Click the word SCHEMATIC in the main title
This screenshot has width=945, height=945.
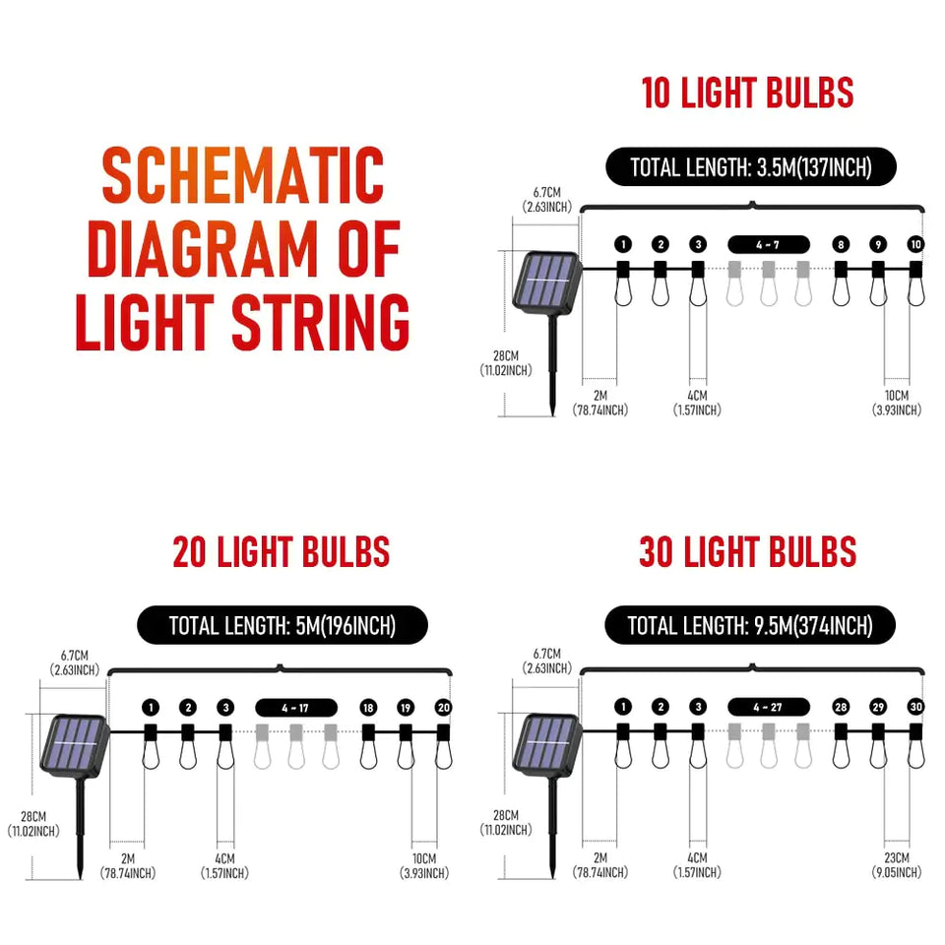[x=243, y=177]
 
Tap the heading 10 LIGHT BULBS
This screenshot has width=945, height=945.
[x=747, y=94]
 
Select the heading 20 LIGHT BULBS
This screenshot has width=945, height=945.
[x=282, y=552]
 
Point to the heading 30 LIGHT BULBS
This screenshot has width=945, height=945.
[x=747, y=552]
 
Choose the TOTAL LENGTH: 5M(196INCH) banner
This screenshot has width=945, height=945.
[x=283, y=626]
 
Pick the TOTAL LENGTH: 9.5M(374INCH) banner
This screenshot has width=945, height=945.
[x=750, y=626]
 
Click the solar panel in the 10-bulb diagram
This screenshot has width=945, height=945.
[x=547, y=281]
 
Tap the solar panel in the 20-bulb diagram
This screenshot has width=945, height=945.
[x=75, y=743]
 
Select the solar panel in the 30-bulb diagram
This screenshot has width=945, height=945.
[x=547, y=743]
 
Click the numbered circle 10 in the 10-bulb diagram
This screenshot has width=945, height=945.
[x=915, y=244]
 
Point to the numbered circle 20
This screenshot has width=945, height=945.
[x=443, y=707]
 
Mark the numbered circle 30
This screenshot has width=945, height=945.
[x=915, y=707]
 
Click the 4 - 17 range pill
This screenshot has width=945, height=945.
[x=296, y=707]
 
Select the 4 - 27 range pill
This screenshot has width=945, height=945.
[x=769, y=707]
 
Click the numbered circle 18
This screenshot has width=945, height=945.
[x=368, y=707]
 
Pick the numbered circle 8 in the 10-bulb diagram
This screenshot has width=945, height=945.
[x=841, y=244]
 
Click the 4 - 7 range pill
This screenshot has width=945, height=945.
[x=769, y=244]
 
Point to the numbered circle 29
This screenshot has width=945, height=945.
[x=878, y=707]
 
